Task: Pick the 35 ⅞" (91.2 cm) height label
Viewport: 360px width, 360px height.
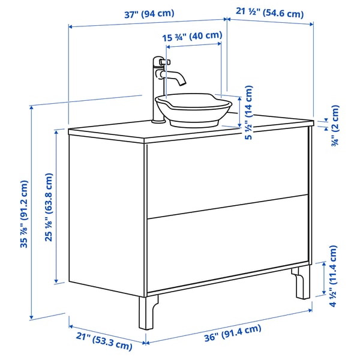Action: [x=25, y=213]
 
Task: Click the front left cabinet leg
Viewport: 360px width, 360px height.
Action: [x=147, y=312]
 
